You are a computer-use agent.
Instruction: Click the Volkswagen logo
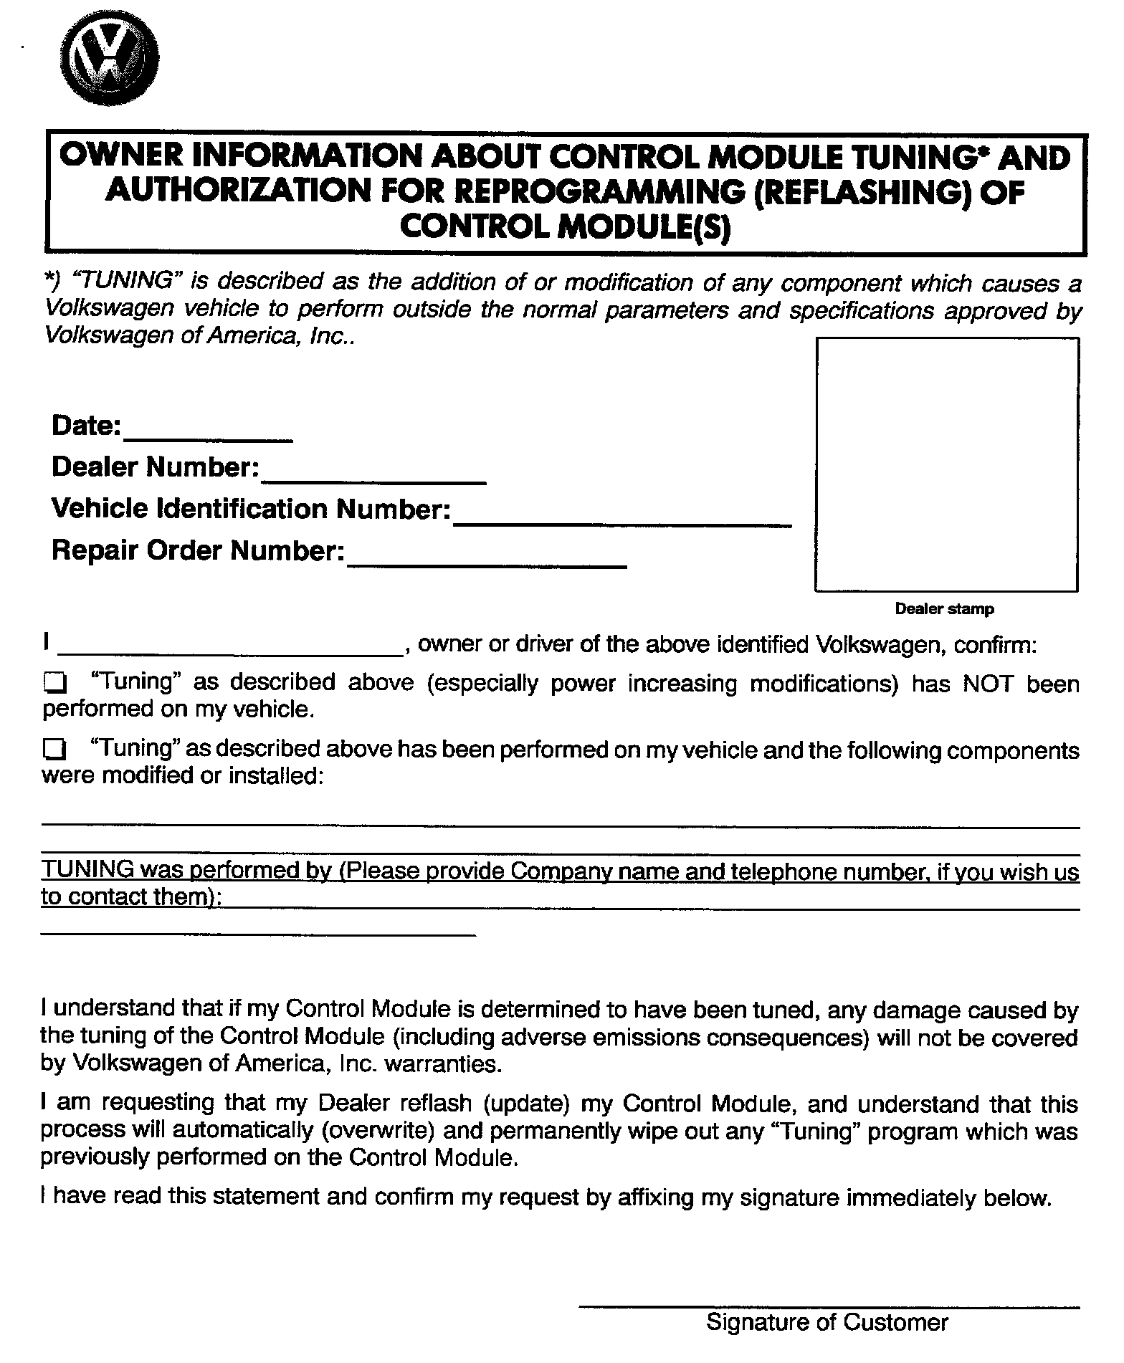click(109, 57)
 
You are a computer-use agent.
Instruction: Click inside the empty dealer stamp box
click(946, 464)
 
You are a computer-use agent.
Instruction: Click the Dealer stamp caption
click(944, 610)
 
